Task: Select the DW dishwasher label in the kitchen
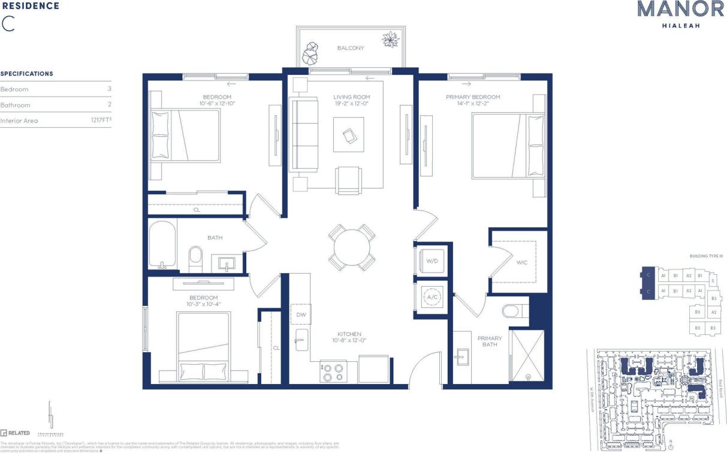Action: click(301, 314)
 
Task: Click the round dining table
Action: click(352, 247)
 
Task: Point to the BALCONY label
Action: click(351, 48)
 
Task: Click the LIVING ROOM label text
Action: click(352, 97)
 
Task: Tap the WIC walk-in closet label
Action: click(523, 262)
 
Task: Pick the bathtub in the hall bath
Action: click(162, 245)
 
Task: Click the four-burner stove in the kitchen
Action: click(333, 371)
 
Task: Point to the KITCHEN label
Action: click(349, 334)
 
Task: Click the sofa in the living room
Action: click(304, 136)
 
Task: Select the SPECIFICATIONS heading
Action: click(27, 74)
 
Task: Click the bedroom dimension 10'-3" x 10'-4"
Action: click(204, 305)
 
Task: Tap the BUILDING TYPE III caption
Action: click(705, 256)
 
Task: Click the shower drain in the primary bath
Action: click(528, 377)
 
